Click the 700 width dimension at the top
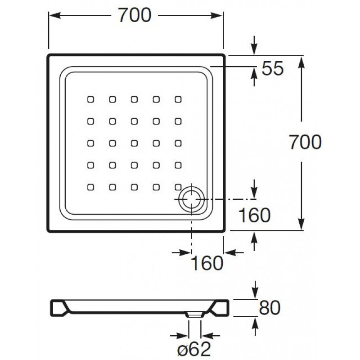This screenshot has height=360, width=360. tap(134, 16)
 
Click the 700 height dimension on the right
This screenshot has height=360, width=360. tap(305, 142)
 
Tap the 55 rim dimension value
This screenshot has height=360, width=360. tap(272, 69)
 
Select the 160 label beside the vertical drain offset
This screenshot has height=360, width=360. tap(254, 216)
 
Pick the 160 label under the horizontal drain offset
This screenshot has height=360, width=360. tap(207, 263)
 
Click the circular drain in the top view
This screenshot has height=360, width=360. tap(192, 199)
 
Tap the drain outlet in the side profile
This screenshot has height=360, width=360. tap(193, 315)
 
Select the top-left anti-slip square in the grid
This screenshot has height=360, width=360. tap(90, 99)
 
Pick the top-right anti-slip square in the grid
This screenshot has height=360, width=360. tap(178, 99)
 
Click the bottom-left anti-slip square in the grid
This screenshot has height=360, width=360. tap(90, 186)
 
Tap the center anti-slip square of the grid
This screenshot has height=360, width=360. tap(134, 143)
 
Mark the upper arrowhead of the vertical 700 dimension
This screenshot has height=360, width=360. tap(301, 59)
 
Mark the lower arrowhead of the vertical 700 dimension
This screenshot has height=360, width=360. tap(301, 228)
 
